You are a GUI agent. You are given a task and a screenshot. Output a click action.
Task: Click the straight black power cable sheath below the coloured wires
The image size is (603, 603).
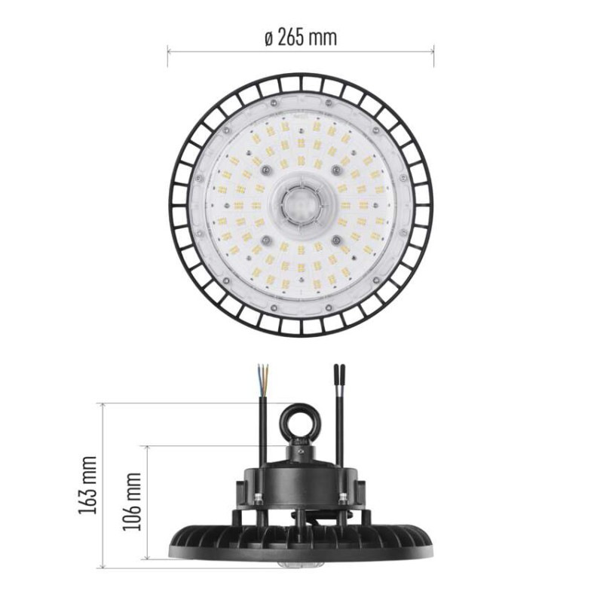point(262,422)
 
